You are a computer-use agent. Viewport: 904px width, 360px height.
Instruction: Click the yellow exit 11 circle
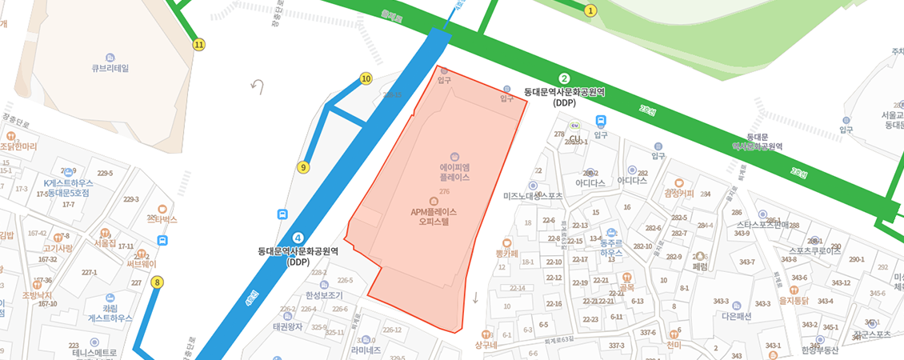click(198, 45)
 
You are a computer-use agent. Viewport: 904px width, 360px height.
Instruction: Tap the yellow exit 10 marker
click(366, 78)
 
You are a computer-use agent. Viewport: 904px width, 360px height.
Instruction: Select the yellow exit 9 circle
click(302, 167)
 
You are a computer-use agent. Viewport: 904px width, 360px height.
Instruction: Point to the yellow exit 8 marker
click(157, 282)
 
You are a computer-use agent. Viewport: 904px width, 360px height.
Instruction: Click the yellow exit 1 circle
click(590, 10)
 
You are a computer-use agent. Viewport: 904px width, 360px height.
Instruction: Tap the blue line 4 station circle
click(298, 238)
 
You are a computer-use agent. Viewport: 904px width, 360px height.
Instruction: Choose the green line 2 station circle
click(564, 78)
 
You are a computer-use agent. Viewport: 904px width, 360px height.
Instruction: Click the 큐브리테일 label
click(110, 68)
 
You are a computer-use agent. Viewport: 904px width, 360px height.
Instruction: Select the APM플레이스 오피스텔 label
click(434, 217)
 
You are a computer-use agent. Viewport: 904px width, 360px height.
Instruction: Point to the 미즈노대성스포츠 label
click(533, 195)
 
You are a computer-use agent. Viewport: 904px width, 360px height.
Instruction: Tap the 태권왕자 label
click(287, 326)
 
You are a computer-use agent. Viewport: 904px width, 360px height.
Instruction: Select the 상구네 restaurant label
click(486, 345)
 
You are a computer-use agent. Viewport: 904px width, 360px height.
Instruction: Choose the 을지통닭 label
click(794, 301)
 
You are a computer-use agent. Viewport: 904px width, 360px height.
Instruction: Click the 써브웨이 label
click(142, 263)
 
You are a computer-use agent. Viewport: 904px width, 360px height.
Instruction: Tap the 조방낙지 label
click(37, 295)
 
